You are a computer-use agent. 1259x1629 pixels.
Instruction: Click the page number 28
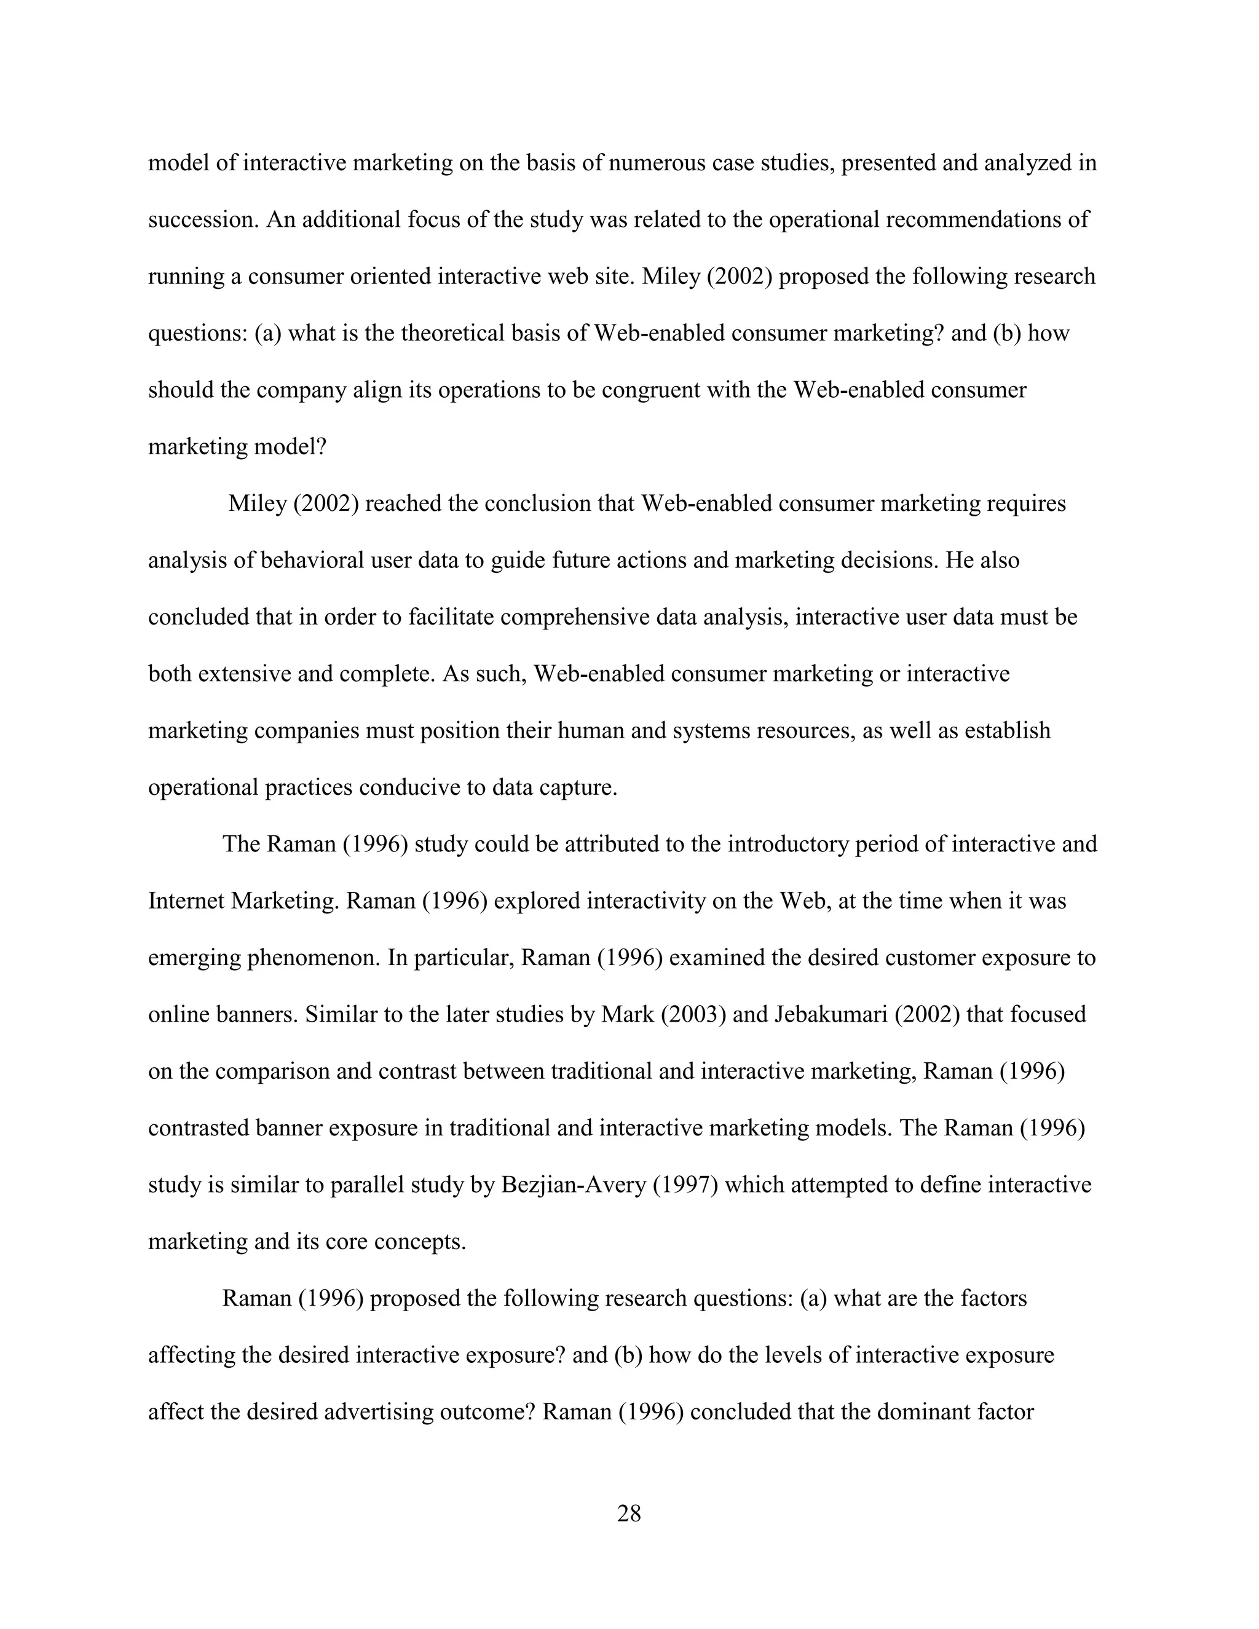(629, 1513)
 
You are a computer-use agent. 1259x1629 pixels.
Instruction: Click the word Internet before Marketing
(186, 901)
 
